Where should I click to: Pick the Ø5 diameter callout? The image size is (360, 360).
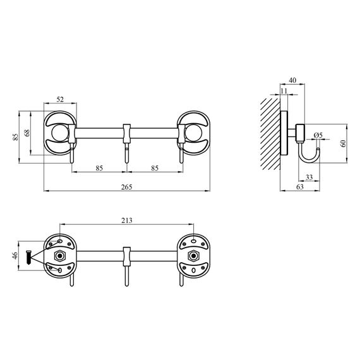(x=317, y=135)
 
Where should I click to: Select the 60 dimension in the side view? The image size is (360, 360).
(x=343, y=143)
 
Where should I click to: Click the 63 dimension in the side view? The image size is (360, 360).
(x=299, y=186)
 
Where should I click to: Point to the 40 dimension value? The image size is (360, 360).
(x=292, y=81)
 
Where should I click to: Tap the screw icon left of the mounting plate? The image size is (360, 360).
(x=29, y=256)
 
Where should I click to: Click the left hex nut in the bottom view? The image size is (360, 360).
(x=60, y=256)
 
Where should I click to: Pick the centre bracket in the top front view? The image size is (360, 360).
(x=126, y=133)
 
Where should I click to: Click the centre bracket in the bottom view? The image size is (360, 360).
(x=126, y=256)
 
